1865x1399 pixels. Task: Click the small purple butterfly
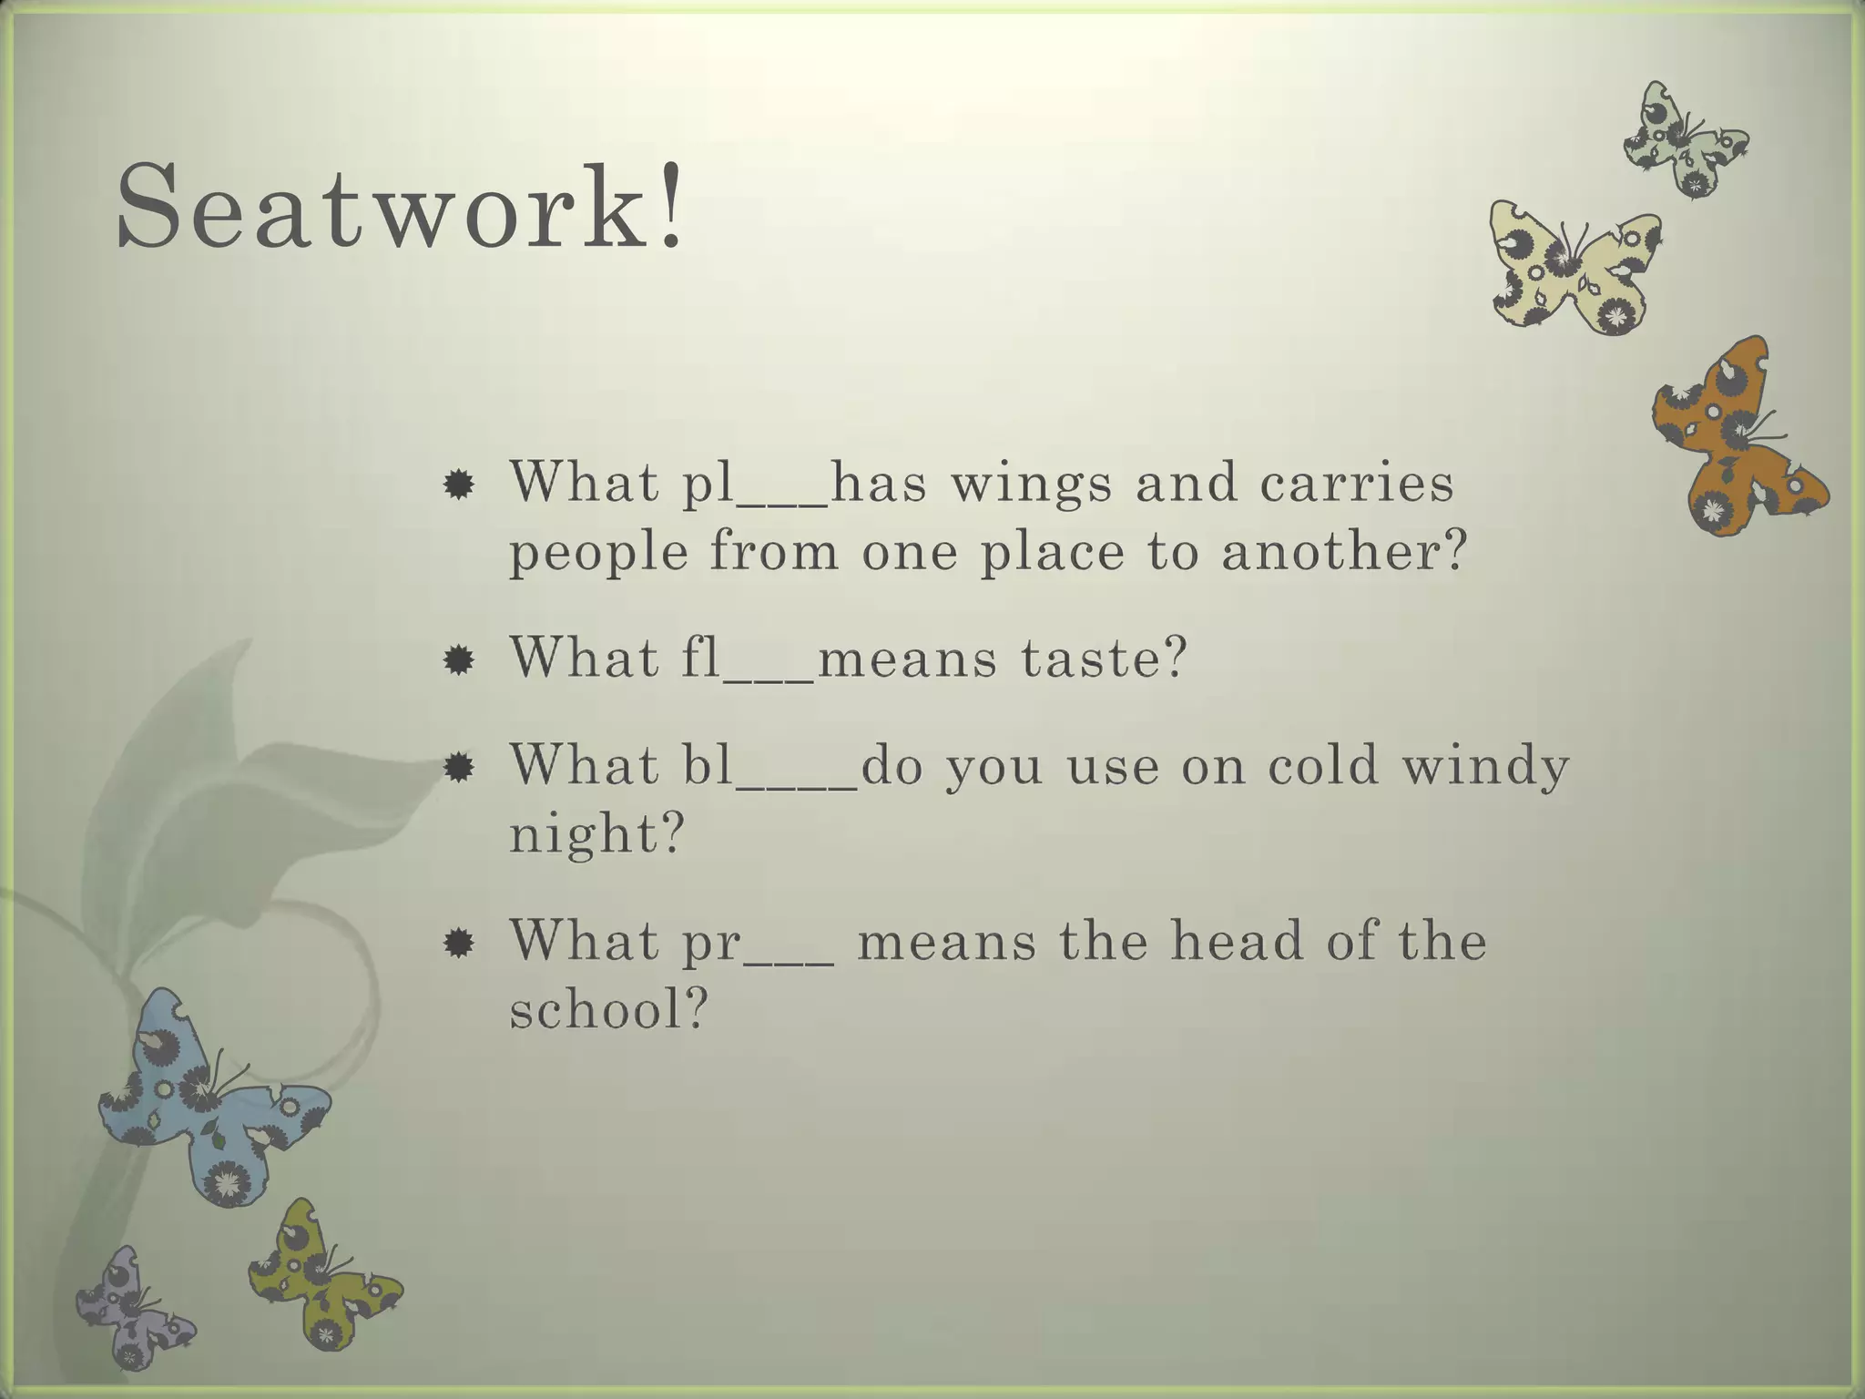[x=133, y=1308]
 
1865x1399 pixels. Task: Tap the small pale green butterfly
[x=1685, y=142]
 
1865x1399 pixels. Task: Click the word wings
[x=1031, y=483]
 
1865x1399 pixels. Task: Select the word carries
[x=1357, y=483]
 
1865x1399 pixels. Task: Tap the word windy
[x=1484, y=765]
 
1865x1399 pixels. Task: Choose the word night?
[x=596, y=832]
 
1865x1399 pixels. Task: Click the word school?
[x=608, y=1009]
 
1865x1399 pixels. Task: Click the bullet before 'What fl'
[x=459, y=659]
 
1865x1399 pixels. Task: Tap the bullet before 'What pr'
[x=459, y=944]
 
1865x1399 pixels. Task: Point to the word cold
[x=1322, y=765]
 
